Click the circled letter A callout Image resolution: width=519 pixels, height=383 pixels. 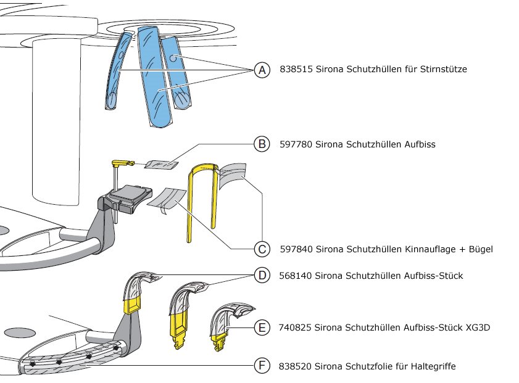[262, 70]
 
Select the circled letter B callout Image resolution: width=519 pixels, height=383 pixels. [262, 144]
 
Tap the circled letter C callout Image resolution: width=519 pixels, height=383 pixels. [262, 249]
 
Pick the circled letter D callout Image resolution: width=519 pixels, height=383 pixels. [262, 274]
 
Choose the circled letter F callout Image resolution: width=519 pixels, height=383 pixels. [262, 366]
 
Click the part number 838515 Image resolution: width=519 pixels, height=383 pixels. [296, 70]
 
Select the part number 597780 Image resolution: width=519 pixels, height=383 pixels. [296, 144]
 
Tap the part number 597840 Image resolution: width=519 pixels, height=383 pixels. [296, 249]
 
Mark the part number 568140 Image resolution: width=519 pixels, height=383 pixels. [296, 275]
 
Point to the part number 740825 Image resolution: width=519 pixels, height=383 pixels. [296, 328]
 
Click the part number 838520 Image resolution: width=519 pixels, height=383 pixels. [296, 366]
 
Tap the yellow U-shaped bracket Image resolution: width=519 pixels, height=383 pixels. [203, 197]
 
